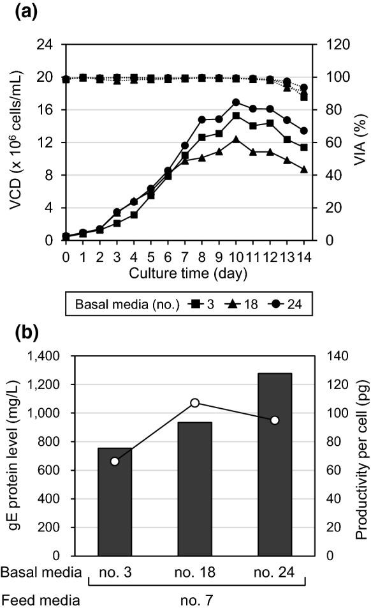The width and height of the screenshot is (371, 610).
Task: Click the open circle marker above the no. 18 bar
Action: pos(196,403)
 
